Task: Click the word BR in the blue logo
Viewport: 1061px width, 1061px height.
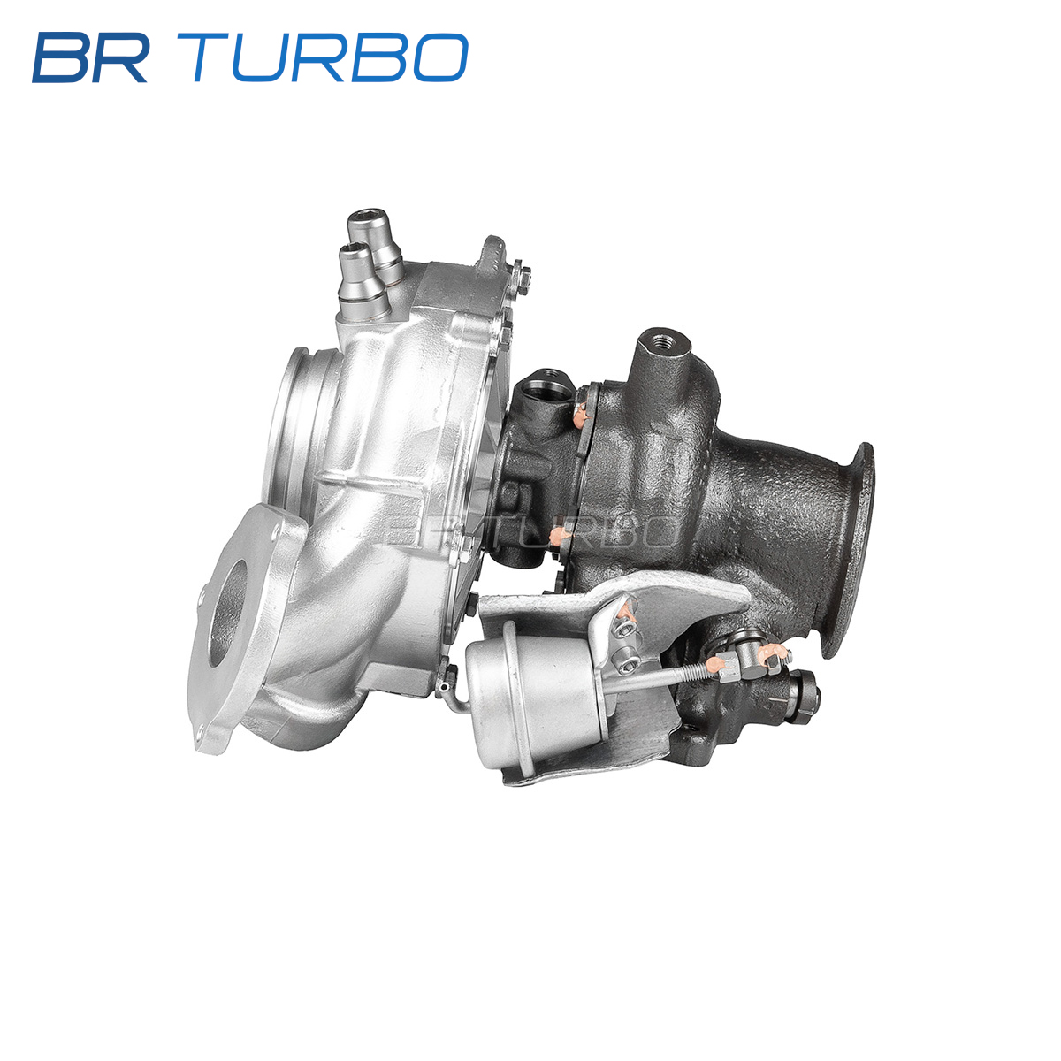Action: (90, 57)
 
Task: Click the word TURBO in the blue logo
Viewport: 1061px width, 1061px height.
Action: (330, 57)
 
